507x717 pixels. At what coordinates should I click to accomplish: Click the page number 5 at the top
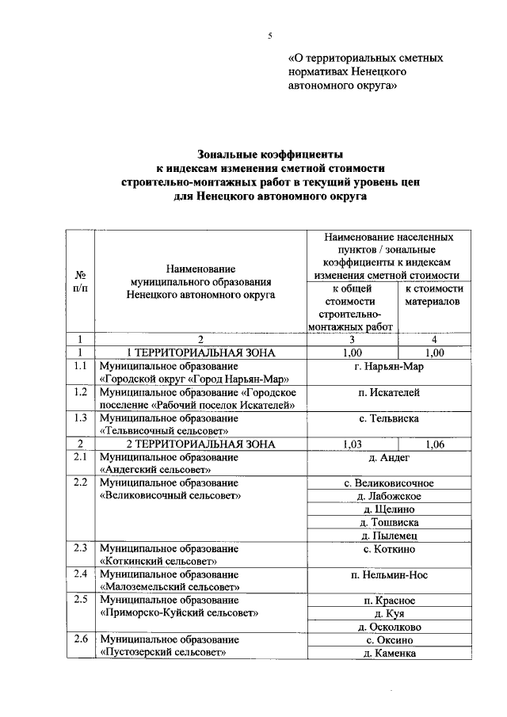[x=269, y=35]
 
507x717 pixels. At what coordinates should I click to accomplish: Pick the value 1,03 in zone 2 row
[x=349, y=444]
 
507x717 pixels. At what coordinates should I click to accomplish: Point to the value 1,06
[x=435, y=444]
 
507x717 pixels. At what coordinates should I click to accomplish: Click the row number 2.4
[x=80, y=574]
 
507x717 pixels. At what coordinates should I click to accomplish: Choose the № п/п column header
[x=80, y=281]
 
